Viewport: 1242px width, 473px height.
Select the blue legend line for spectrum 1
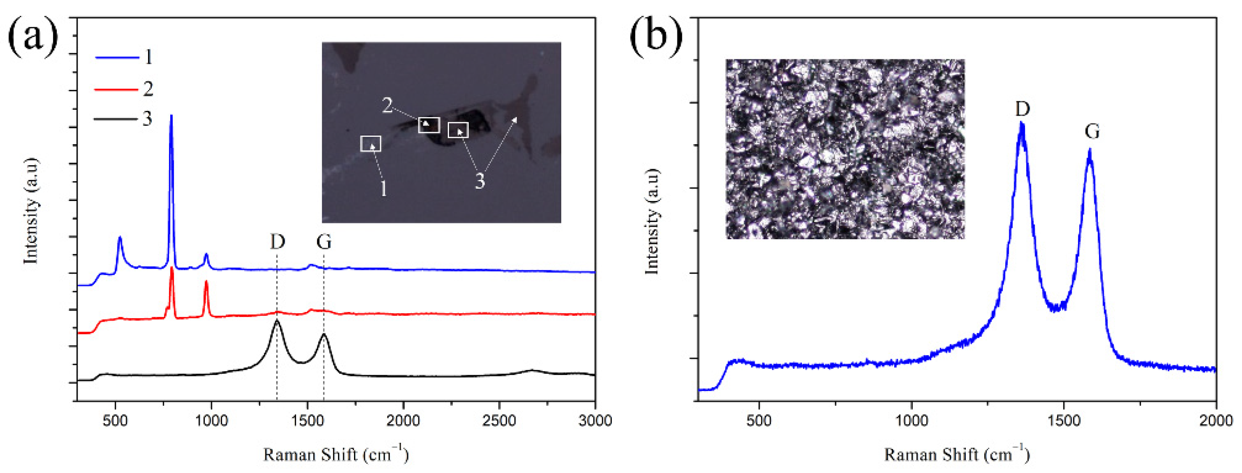(117, 58)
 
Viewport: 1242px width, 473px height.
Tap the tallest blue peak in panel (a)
(171, 116)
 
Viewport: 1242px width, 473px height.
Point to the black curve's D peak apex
(277, 320)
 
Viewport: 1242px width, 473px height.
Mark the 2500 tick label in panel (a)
(499, 420)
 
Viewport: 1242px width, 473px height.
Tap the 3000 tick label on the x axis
(595, 420)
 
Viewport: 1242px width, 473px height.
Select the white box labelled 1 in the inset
(370, 144)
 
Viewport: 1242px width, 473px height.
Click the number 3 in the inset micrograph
(479, 181)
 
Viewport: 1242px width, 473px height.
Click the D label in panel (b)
(1022, 109)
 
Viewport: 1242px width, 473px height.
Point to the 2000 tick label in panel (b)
(1216, 420)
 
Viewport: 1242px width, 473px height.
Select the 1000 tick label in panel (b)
(911, 420)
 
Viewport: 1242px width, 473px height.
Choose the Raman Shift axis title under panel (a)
(336, 454)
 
